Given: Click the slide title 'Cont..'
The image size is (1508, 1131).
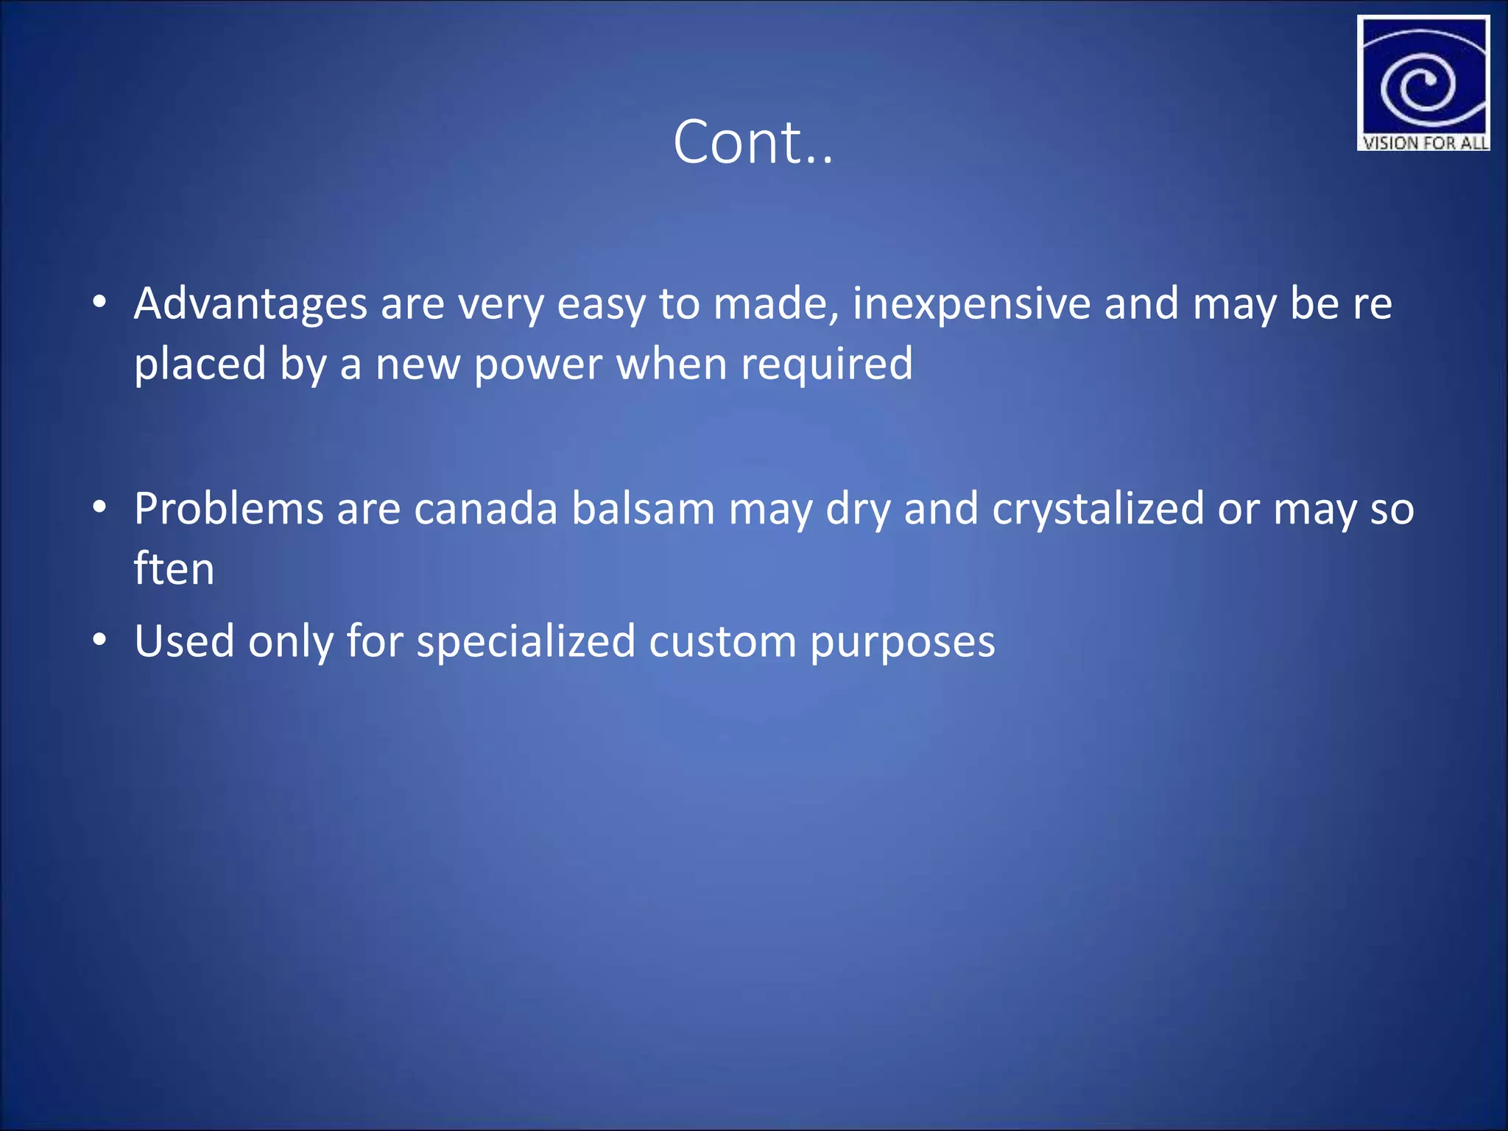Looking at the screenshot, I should coord(753,141).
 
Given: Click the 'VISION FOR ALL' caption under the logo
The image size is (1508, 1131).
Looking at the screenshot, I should coord(1424,142).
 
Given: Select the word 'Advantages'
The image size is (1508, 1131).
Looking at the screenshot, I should coord(250,303).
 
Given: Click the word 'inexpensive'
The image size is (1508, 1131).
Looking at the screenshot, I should coord(971,303).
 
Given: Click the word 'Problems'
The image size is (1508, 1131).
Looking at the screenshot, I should coord(229,509).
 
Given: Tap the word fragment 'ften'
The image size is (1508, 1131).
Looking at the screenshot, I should coord(174,568).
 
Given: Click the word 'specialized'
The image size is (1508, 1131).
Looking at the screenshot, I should coord(526,641).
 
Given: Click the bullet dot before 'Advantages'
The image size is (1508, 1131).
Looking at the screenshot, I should coord(100,303).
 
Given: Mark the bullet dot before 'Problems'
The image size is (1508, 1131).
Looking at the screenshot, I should coord(100,507).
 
